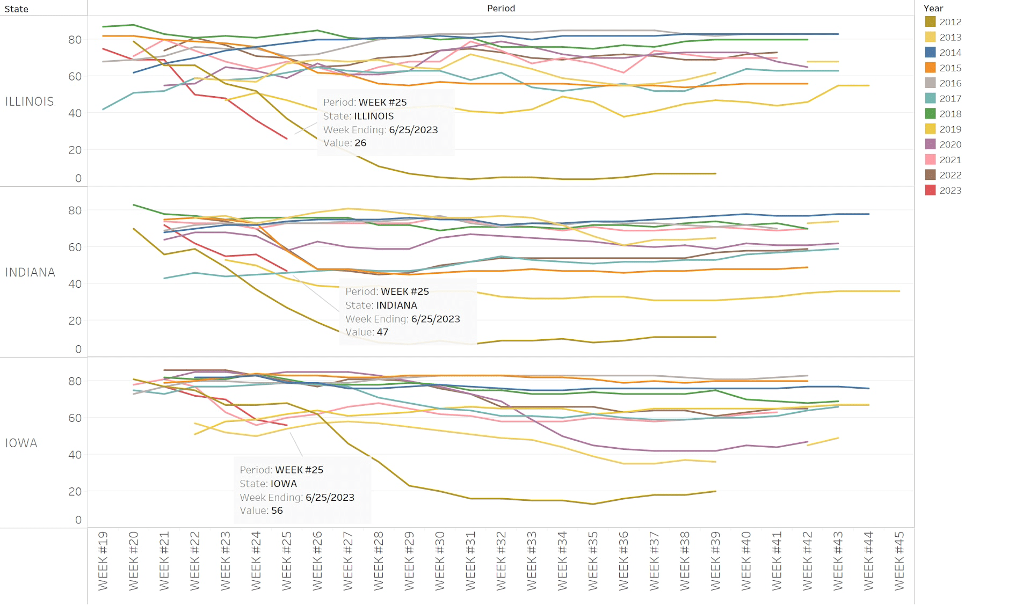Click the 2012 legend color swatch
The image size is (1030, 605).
(930, 21)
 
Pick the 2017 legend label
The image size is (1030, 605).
(950, 98)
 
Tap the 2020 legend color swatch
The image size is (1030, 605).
(930, 144)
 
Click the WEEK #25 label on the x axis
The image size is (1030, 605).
(287, 561)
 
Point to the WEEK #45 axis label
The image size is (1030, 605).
(900, 561)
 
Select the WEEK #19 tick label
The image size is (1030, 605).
(103, 561)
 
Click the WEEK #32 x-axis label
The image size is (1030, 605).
(501, 561)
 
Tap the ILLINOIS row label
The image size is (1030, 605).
(30, 101)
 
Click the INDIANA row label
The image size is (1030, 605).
(30, 272)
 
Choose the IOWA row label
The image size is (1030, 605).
(21, 443)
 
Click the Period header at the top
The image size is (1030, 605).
(501, 8)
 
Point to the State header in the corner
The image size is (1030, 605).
(16, 9)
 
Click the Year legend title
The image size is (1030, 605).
(933, 8)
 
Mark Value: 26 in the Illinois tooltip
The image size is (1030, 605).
(345, 143)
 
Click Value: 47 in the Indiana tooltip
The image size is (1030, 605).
(367, 332)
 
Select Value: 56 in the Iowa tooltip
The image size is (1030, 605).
(261, 510)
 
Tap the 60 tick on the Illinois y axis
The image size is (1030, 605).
(75, 76)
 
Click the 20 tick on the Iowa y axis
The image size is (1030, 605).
(75, 491)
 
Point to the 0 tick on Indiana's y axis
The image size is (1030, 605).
(78, 349)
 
